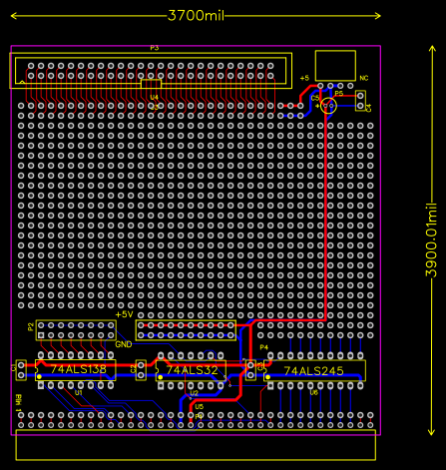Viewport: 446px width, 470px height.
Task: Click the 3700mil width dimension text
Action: (x=196, y=15)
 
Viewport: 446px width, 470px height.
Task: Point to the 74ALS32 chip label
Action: (x=192, y=370)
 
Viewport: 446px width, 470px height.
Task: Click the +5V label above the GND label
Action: (x=124, y=314)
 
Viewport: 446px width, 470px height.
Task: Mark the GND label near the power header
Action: (x=123, y=344)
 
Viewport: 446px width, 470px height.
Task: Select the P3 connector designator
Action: (x=154, y=48)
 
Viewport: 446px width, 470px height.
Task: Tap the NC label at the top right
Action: (x=363, y=77)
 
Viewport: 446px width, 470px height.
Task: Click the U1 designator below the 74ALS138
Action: (x=77, y=392)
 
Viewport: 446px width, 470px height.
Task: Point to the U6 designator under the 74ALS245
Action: (x=313, y=392)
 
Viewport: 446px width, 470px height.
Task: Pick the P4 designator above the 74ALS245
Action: (x=263, y=347)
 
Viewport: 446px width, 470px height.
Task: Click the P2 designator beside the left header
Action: (x=31, y=326)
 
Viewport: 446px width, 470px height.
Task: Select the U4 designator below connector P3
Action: (x=154, y=97)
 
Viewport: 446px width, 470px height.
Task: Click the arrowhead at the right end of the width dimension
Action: (x=378, y=15)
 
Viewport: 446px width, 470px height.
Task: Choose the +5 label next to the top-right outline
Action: (x=303, y=77)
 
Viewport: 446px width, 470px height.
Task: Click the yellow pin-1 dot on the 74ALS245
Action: (x=267, y=377)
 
